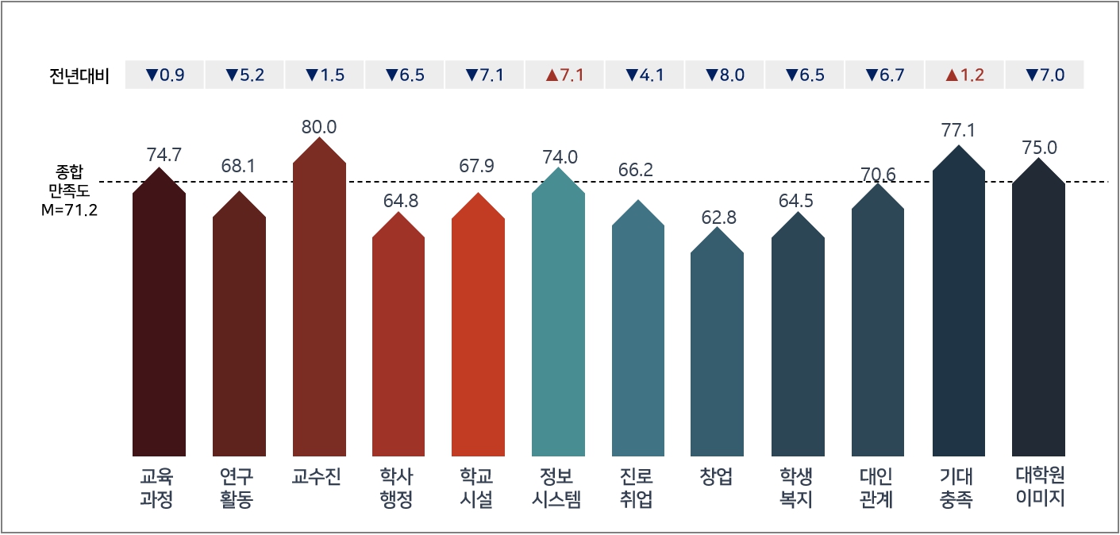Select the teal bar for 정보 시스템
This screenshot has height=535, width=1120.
[x=558, y=318]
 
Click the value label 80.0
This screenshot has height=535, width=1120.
[x=319, y=126]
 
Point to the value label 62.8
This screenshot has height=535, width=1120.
[x=717, y=217]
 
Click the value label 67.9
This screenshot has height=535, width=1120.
[x=477, y=167]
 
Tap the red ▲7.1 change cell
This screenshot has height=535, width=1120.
[x=564, y=75]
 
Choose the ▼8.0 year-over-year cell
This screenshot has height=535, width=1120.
[x=724, y=75]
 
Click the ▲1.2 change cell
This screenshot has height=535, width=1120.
[x=964, y=75]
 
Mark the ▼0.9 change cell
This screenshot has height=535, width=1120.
[x=164, y=75]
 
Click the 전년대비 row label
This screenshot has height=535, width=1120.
[x=79, y=76]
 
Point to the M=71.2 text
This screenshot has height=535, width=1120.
[x=69, y=212]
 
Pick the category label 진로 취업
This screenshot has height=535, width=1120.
[x=637, y=488]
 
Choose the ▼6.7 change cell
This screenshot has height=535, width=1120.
[x=885, y=75]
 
